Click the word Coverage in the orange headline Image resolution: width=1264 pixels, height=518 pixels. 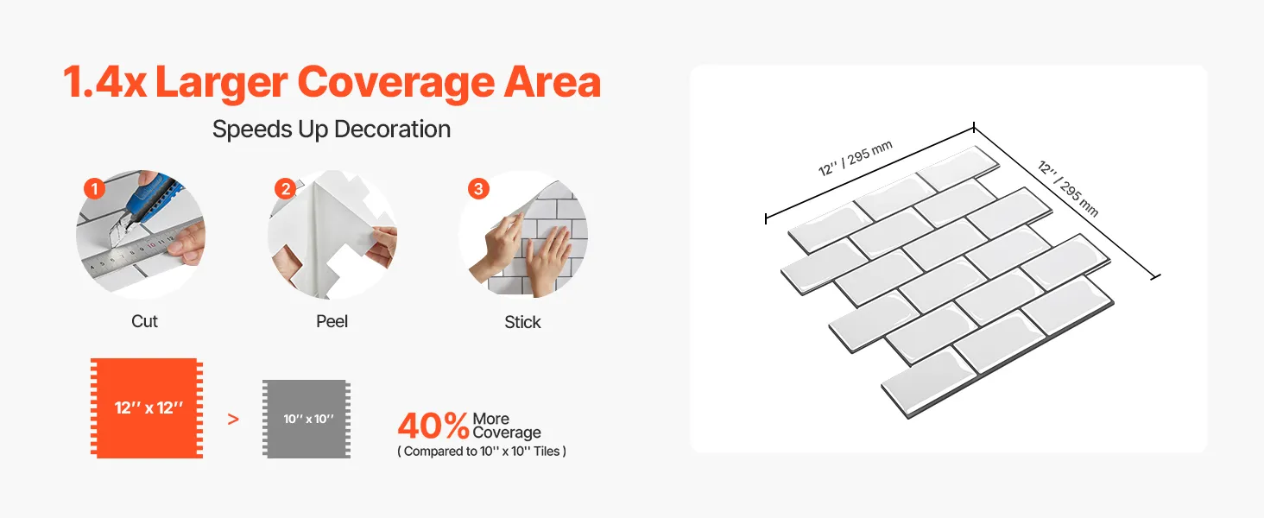coord(396,82)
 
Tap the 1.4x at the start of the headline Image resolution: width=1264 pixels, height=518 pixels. coord(104,82)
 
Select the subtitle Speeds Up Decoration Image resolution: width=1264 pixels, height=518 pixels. coord(332,129)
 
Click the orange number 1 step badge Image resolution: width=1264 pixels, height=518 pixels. coord(94,188)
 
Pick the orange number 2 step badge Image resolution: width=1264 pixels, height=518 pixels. coord(286,188)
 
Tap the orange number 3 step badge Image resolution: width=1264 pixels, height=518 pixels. coord(478,188)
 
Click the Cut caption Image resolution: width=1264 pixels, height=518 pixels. coord(144,321)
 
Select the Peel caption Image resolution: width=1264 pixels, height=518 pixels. coord(332,321)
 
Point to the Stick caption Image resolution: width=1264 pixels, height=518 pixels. coord(522,322)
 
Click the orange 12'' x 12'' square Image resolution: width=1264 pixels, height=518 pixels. coord(147,408)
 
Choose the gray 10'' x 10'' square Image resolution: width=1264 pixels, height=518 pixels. coord(307,419)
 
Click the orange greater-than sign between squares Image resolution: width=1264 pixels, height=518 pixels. coord(233,420)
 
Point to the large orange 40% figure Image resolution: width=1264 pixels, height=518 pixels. coord(433,425)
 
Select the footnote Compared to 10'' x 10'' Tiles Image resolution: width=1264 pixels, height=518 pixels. coord(481,452)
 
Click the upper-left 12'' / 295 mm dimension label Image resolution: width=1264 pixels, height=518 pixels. coord(856,158)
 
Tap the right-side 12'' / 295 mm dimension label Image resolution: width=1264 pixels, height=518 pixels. coord(1068,188)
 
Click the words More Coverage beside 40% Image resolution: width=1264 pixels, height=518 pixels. coord(506,426)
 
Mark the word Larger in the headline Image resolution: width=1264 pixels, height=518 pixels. coord(222,84)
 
